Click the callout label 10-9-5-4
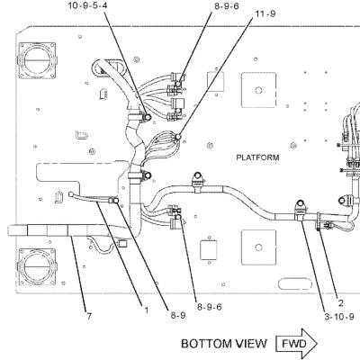pos(87,5)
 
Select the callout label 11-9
pos(265,13)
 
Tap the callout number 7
pos(89,316)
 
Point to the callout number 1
pos(147,310)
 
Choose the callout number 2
pos(340,303)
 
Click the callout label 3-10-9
pos(339,317)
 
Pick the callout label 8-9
pos(178,315)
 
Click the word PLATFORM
pos(257,157)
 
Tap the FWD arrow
pos(296,343)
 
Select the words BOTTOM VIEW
pos(224,344)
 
